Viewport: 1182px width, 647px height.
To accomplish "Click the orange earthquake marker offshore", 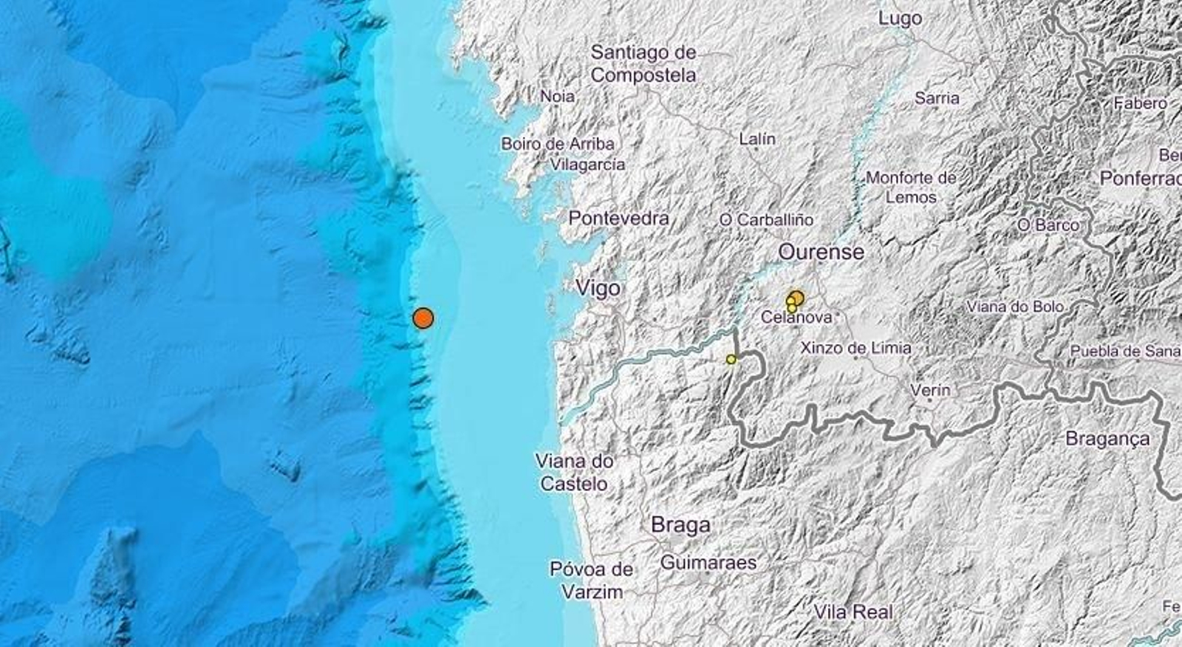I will tap(423, 318).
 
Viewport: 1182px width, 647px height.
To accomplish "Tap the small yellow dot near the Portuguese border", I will tap(731, 359).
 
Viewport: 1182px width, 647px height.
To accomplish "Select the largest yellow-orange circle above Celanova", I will tap(796, 298).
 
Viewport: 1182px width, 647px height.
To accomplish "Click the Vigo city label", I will tap(598, 288).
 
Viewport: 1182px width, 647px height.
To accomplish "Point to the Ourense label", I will tap(821, 252).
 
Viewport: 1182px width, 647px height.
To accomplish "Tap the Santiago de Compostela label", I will tap(643, 64).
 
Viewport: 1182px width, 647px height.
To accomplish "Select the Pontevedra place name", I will tap(618, 218).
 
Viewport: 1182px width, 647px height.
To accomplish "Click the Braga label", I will tap(680, 525).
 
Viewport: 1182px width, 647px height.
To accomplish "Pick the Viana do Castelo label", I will tap(574, 473).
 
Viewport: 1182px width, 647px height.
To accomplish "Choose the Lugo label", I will tap(900, 18).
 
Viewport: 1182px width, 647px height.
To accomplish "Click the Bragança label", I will tap(1107, 439).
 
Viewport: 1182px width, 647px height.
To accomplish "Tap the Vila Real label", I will tap(853, 612).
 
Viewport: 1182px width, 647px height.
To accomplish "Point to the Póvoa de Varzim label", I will tap(592, 581).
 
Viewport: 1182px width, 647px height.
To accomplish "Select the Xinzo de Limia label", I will tap(855, 347).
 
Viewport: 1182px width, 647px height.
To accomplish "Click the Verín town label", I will tap(930, 389).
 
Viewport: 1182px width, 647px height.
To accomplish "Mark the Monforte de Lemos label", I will tap(911, 188).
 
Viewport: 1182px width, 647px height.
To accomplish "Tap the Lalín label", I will tap(757, 139).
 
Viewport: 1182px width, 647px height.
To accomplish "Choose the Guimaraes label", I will tap(708, 563).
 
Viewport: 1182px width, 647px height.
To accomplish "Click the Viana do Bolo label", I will tap(1015, 307).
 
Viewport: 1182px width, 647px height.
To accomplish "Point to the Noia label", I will tap(558, 96).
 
